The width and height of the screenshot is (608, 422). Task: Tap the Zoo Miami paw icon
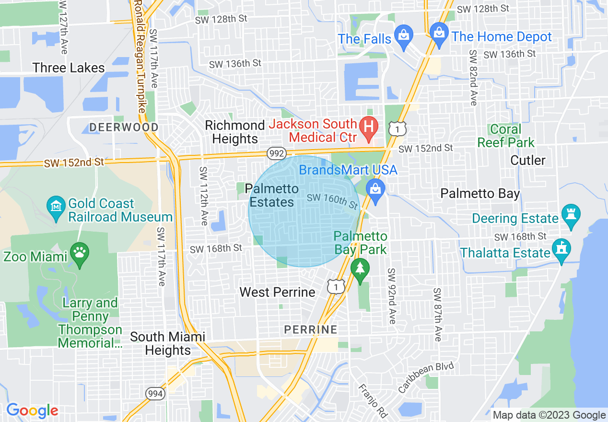click(x=79, y=251)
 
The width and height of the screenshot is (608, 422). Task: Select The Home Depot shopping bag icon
click(x=439, y=33)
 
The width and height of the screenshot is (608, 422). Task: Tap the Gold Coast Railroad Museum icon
click(x=56, y=207)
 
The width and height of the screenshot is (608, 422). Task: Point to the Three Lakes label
click(x=69, y=68)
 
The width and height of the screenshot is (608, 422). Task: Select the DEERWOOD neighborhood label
click(x=124, y=127)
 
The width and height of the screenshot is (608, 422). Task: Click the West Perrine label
click(x=277, y=292)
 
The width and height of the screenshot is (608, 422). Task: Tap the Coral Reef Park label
click(x=506, y=136)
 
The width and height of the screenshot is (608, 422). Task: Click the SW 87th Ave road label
click(x=437, y=315)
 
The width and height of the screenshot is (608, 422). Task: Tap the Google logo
click(x=32, y=410)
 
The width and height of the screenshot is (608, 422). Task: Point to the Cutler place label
click(x=528, y=160)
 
